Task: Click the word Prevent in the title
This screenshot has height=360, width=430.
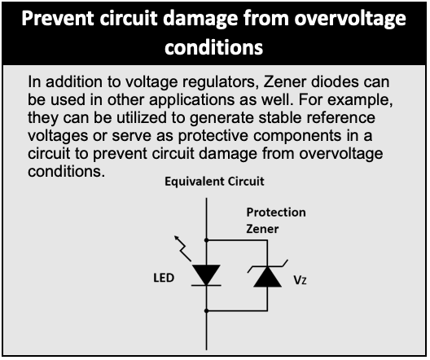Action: [x=58, y=19]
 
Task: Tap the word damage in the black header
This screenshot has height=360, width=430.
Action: [x=202, y=20]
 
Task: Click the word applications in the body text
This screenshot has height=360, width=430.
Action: [x=191, y=101]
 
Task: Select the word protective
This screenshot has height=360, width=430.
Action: [x=213, y=137]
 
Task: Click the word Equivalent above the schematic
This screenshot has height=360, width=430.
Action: [x=194, y=182]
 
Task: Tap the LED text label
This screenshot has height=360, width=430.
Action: [x=164, y=278]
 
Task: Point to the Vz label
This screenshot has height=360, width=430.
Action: [x=300, y=280]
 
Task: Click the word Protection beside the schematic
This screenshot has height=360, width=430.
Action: [x=276, y=213]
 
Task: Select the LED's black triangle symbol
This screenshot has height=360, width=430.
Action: [x=206, y=274]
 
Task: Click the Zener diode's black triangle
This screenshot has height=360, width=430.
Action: [x=267, y=277]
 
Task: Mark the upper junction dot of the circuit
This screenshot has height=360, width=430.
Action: [x=207, y=240]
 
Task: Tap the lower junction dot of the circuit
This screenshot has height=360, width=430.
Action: [x=207, y=311]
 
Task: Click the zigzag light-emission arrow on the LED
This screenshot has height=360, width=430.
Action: [x=182, y=248]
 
